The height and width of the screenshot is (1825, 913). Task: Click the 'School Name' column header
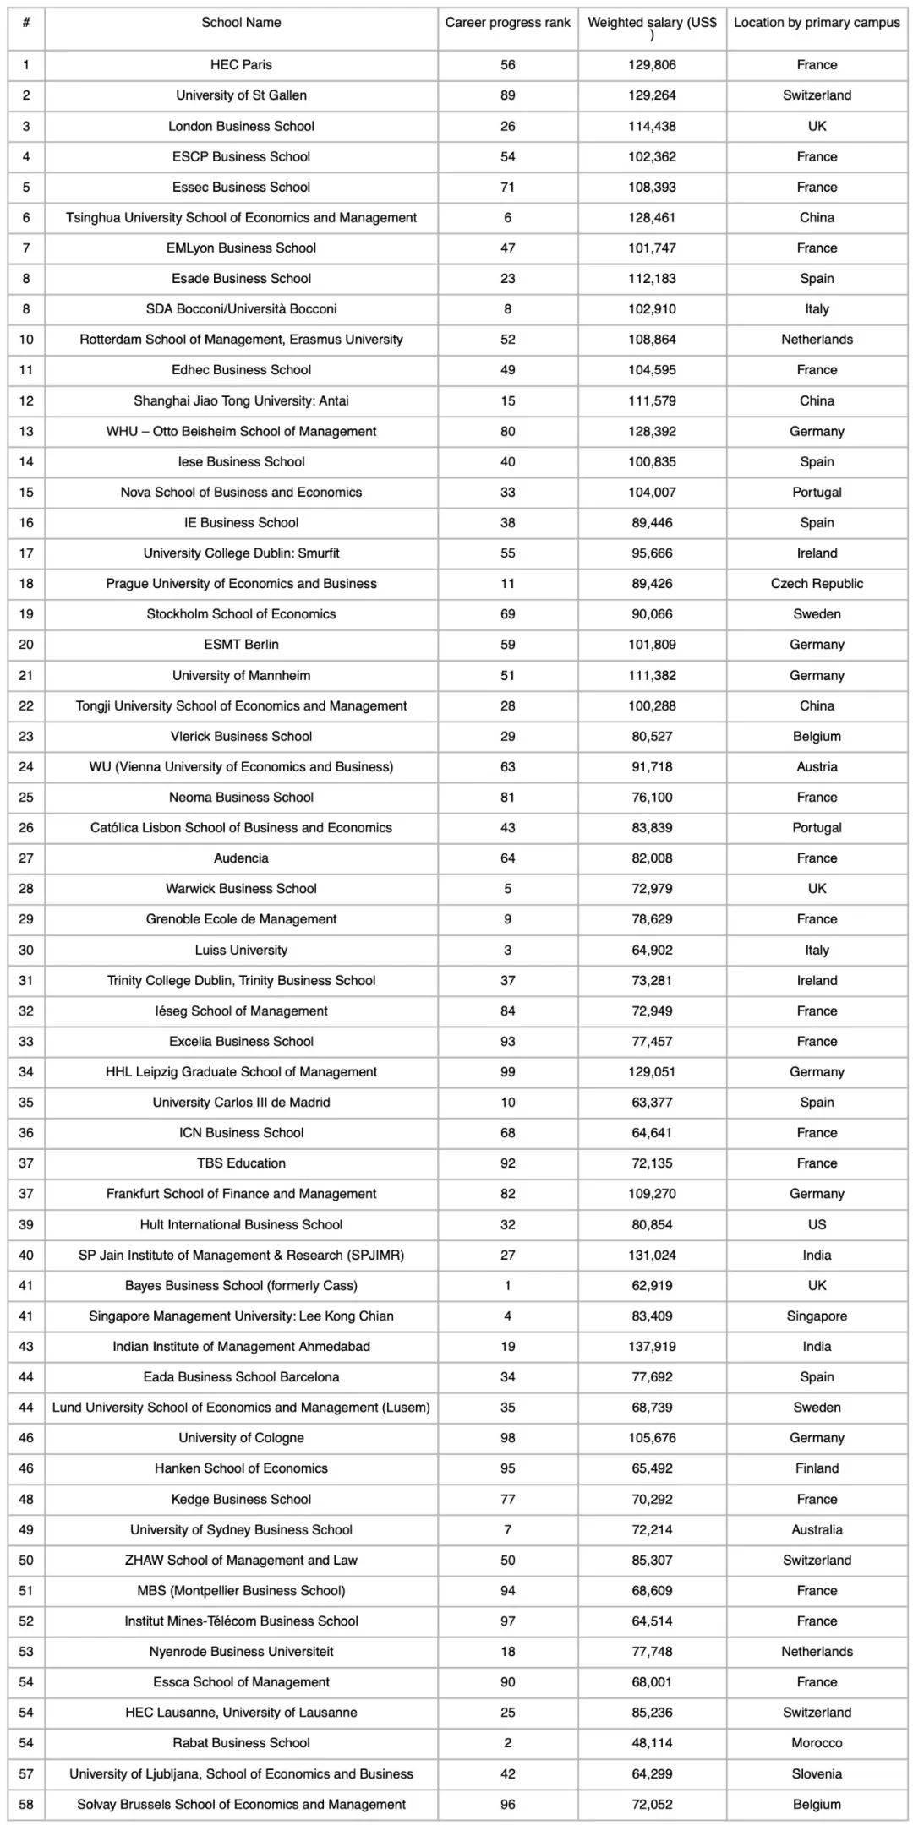[x=241, y=23]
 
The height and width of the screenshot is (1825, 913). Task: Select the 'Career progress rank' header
[x=507, y=23]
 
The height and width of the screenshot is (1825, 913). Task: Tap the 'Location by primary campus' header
[x=817, y=23]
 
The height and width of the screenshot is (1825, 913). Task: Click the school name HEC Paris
[x=241, y=65]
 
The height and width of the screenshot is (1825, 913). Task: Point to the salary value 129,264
[x=652, y=95]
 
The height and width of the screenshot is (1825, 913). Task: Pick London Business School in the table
[x=241, y=126]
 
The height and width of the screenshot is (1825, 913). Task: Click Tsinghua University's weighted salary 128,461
[x=652, y=218]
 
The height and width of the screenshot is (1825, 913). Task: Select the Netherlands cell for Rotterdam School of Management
[x=817, y=340]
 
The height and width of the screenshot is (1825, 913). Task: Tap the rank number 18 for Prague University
[x=26, y=584]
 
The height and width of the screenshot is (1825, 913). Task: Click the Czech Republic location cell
[x=817, y=584]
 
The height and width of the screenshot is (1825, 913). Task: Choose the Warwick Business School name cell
[x=241, y=889]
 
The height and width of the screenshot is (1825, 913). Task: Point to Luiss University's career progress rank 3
[x=507, y=950]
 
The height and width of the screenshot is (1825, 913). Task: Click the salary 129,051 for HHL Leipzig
[x=652, y=1072]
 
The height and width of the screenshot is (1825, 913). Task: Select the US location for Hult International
[x=817, y=1224]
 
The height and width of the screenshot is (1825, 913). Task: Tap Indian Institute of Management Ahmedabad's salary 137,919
[x=652, y=1347]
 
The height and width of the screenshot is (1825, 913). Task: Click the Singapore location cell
[x=817, y=1316]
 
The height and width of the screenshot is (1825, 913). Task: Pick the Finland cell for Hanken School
[x=817, y=1468]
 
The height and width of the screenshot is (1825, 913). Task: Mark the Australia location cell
[x=817, y=1529]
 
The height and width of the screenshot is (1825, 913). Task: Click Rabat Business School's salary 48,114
[x=652, y=1743]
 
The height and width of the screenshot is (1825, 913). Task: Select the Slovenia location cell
[x=817, y=1774]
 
